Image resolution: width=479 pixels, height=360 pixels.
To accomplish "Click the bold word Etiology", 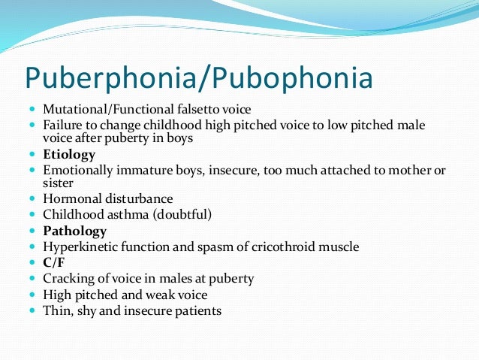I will (x=70, y=155).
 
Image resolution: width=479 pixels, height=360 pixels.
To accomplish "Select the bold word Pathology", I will (x=75, y=231).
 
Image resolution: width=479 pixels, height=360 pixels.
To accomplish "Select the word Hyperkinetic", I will (x=82, y=247).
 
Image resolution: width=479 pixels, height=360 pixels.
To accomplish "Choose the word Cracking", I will (x=69, y=279).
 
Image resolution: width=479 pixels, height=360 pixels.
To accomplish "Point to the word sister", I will (x=59, y=183).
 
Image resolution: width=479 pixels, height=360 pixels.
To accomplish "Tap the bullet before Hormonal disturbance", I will (x=33, y=200).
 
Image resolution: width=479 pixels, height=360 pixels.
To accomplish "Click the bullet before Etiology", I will (x=33, y=156).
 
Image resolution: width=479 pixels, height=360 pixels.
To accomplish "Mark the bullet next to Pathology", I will (x=33, y=231).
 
